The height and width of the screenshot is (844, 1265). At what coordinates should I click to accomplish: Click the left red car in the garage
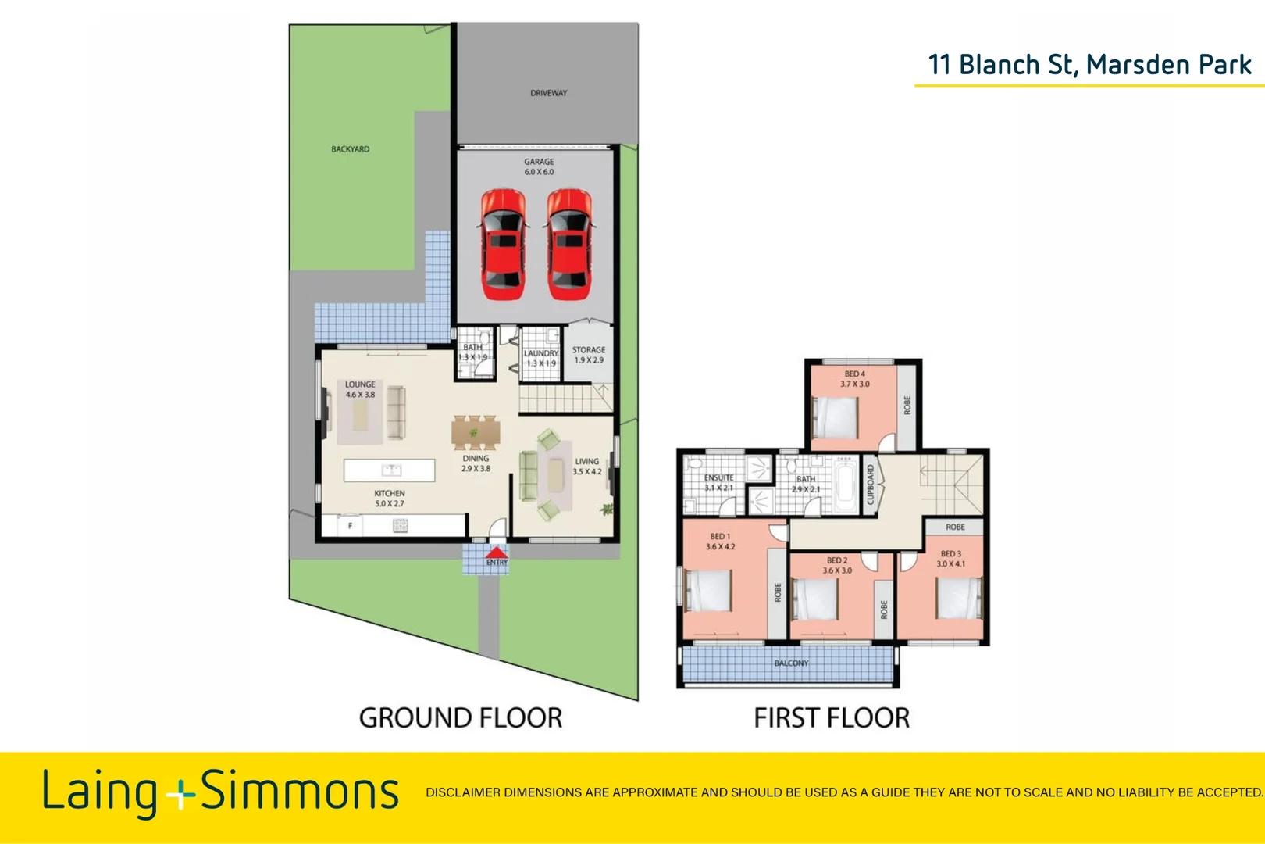click(502, 244)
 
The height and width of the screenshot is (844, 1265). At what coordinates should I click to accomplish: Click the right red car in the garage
click(569, 244)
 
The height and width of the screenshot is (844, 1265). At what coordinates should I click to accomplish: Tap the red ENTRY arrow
click(497, 554)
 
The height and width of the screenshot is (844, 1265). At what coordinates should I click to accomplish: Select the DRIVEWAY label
click(548, 93)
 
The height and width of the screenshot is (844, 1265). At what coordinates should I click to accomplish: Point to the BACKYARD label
click(350, 149)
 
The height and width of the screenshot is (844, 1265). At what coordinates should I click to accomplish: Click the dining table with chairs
click(474, 432)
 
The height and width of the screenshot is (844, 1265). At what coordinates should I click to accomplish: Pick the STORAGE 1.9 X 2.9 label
click(589, 355)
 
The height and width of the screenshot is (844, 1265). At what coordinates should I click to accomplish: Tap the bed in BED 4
click(836, 418)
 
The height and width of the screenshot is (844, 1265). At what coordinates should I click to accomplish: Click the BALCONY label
click(791, 663)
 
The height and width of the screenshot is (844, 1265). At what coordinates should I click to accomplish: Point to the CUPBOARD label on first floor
click(871, 485)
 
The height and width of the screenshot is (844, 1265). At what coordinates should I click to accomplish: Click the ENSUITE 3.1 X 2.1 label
click(718, 482)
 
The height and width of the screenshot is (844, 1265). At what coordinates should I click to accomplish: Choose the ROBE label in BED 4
click(907, 405)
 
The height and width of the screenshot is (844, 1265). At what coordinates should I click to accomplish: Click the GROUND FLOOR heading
click(460, 717)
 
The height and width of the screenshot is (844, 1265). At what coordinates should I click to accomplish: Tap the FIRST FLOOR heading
click(832, 717)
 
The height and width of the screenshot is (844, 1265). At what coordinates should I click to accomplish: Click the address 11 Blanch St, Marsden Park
click(1089, 65)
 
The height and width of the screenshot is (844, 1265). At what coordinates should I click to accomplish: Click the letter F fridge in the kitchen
click(350, 526)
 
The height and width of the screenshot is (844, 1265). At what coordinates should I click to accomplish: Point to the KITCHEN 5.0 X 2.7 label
click(389, 499)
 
